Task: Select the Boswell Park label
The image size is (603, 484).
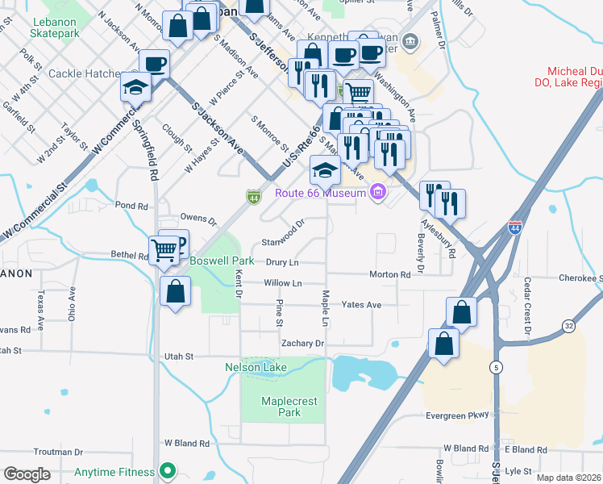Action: coord(222,261)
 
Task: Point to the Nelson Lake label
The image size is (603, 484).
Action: coord(255,367)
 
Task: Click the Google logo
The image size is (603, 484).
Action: coord(27,474)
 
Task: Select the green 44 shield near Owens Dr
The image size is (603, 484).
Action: coord(253,196)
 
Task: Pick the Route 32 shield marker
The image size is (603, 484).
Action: coord(568,326)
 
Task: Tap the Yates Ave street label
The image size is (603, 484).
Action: coord(360,305)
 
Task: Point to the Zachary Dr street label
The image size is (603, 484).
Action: coord(302,343)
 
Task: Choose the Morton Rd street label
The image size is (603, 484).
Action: coord(389,274)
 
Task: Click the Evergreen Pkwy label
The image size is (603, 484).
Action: coord(457,415)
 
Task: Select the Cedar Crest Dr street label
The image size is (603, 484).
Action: coord(527,307)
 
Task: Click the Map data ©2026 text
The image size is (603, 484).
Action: coord(568,478)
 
